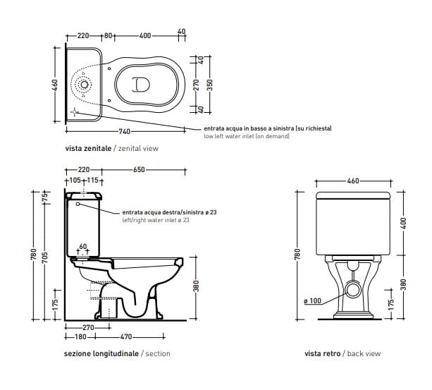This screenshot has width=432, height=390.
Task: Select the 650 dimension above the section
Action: pos(139,170)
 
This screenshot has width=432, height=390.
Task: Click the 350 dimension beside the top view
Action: pos(209,84)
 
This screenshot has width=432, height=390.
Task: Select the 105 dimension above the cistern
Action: pos(73,181)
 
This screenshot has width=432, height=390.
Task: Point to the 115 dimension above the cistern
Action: pos(92,181)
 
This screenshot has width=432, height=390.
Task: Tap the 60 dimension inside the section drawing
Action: pos(83,247)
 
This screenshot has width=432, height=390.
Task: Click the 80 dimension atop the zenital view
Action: pos(109,35)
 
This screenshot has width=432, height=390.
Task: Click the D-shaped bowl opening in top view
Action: pos(140,84)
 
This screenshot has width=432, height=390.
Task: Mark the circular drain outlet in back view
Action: pos(352,287)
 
